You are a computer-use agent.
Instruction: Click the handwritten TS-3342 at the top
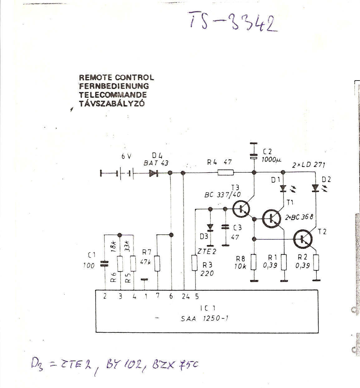pyautogui.click(x=232, y=22)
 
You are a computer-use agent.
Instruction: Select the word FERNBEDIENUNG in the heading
pyautogui.click(x=114, y=86)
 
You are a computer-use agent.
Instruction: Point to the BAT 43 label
pyautogui.click(x=156, y=163)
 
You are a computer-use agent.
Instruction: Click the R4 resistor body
pyautogui.click(x=226, y=172)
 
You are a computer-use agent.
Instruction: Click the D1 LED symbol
pyautogui.click(x=283, y=189)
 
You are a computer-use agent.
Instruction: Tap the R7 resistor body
pyautogui.click(x=157, y=263)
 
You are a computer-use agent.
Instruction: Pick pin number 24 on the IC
pyautogui.click(x=186, y=297)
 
